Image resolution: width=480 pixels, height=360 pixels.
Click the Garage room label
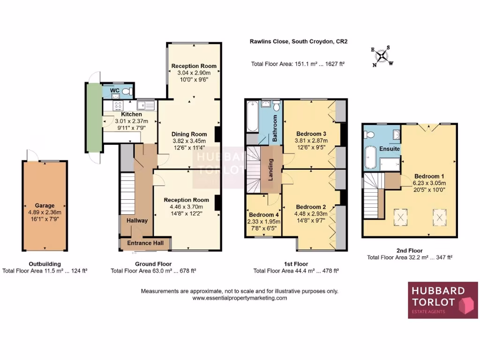(x=45, y=205)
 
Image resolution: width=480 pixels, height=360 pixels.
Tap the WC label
(x=115, y=90)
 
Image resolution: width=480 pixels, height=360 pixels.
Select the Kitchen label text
(x=131, y=114)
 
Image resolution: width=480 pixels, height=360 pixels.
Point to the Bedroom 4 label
(x=263, y=215)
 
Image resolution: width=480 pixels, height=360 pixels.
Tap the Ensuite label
(x=390, y=149)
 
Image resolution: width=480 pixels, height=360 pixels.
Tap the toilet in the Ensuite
(x=370, y=135)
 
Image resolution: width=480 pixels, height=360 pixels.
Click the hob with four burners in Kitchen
(x=117, y=105)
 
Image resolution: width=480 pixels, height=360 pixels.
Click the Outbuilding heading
(x=45, y=264)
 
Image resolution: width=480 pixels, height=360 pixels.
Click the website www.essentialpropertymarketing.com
(x=240, y=298)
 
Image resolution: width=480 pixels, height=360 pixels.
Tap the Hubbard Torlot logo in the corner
(x=442, y=300)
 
